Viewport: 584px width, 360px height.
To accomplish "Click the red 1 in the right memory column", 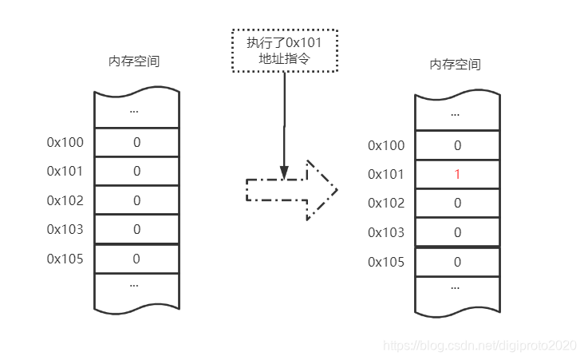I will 457,174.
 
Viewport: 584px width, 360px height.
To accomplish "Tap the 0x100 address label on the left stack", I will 65,142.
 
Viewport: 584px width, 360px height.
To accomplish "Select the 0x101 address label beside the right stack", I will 386,174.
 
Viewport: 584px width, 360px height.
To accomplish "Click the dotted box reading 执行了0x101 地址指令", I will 285,51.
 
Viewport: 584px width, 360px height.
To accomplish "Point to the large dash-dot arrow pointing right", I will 292,190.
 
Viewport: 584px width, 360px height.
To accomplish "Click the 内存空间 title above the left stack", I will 134,61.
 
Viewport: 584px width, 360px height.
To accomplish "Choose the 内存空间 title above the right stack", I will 455,65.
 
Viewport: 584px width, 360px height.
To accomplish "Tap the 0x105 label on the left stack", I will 65,258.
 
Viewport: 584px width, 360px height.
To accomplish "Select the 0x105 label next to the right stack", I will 386,261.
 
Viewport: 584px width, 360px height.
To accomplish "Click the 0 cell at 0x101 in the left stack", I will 136,171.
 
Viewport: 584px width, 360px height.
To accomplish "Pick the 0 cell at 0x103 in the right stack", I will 457,232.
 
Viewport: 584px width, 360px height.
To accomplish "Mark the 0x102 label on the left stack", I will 65,200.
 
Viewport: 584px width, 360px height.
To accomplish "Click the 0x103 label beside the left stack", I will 65,228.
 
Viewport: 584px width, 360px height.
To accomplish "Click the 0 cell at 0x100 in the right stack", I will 457,145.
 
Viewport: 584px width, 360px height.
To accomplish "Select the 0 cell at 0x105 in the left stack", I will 136,258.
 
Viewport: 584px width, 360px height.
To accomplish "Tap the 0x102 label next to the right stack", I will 386,203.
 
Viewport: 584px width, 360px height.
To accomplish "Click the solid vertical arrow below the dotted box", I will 283,120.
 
